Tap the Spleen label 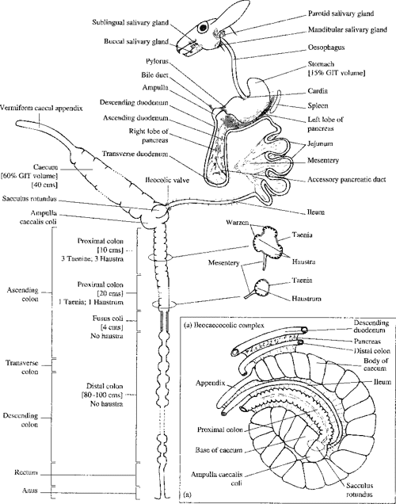coord(321,105)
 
